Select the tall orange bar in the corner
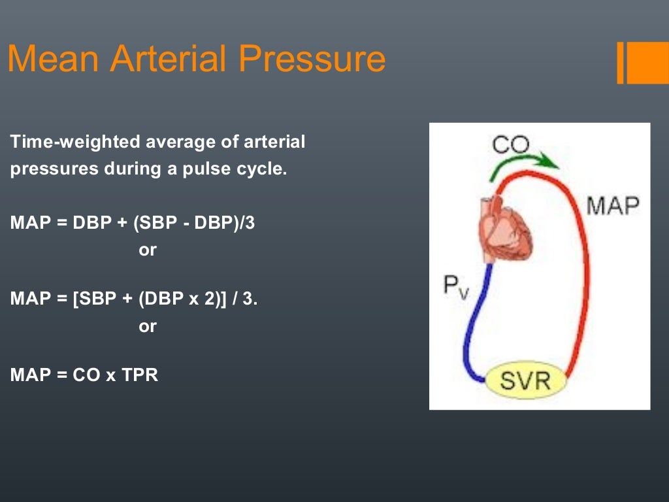(x=621, y=63)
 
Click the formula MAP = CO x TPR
(x=84, y=376)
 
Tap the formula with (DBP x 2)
(x=134, y=299)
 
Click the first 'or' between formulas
(x=148, y=250)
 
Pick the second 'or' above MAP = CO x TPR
(x=148, y=326)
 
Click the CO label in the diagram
(x=510, y=144)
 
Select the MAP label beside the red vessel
(x=612, y=205)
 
